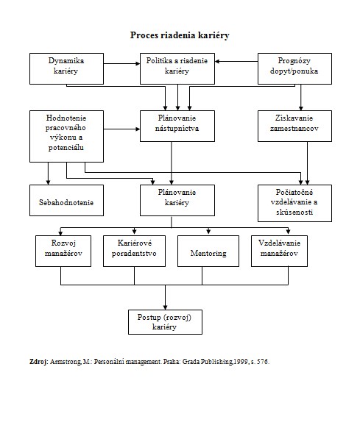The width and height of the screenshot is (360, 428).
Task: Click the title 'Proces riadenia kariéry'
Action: [x=180, y=35]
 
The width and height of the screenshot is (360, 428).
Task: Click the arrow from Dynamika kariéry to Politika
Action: [x=121, y=63]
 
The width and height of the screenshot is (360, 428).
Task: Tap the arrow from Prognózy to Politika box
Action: [x=236, y=62]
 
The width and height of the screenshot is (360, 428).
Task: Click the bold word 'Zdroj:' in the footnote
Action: [x=39, y=362]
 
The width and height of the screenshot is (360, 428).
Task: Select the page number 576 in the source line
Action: [x=262, y=362]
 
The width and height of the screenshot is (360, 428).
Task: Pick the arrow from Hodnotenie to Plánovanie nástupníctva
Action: [x=121, y=129]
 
